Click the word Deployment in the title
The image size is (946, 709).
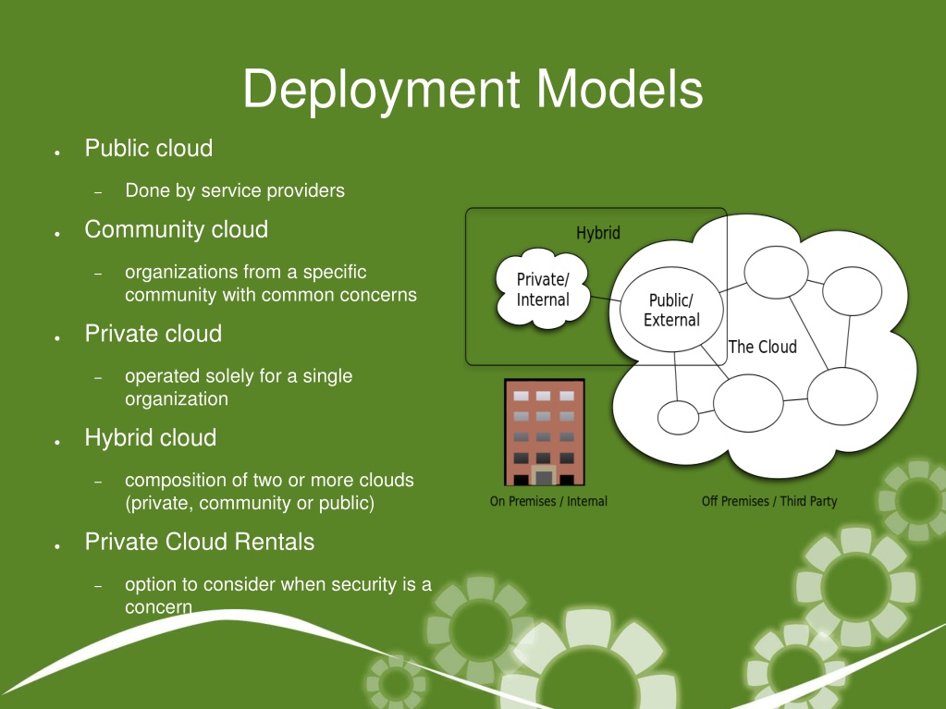pos(381,91)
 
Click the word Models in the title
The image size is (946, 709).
pos(620,89)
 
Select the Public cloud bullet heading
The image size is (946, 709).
pos(148,148)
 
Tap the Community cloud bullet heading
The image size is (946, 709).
pos(177,229)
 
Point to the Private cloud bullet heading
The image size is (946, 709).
pos(154,334)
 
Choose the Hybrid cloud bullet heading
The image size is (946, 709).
pos(150,438)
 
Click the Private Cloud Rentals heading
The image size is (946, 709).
pos(199,542)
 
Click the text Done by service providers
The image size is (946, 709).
pos(235,190)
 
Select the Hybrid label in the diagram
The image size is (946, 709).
pos(598,233)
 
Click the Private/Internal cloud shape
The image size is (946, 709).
pos(543,289)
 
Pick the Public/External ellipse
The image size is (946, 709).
pos(671,310)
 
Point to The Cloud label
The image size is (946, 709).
pos(763,347)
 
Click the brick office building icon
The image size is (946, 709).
pos(545,433)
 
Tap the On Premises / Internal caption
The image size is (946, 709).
pos(548,501)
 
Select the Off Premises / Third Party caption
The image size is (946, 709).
pos(769,501)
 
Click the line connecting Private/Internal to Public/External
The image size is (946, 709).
pos(606,299)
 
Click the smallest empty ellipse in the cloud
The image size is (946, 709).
pos(678,417)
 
